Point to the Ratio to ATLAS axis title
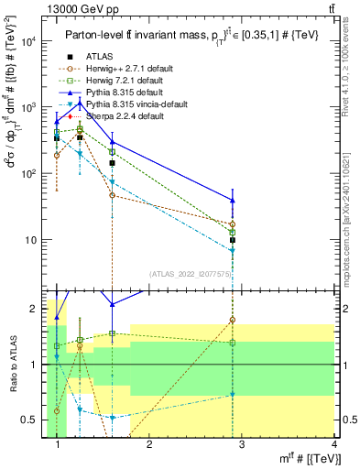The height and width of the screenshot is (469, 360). [x=11, y=366]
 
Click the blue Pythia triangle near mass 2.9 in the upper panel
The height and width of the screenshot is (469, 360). [x=233, y=201]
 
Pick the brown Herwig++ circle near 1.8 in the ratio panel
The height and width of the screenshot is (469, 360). [x=233, y=321]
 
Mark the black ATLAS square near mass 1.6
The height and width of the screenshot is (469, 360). [x=112, y=163]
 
